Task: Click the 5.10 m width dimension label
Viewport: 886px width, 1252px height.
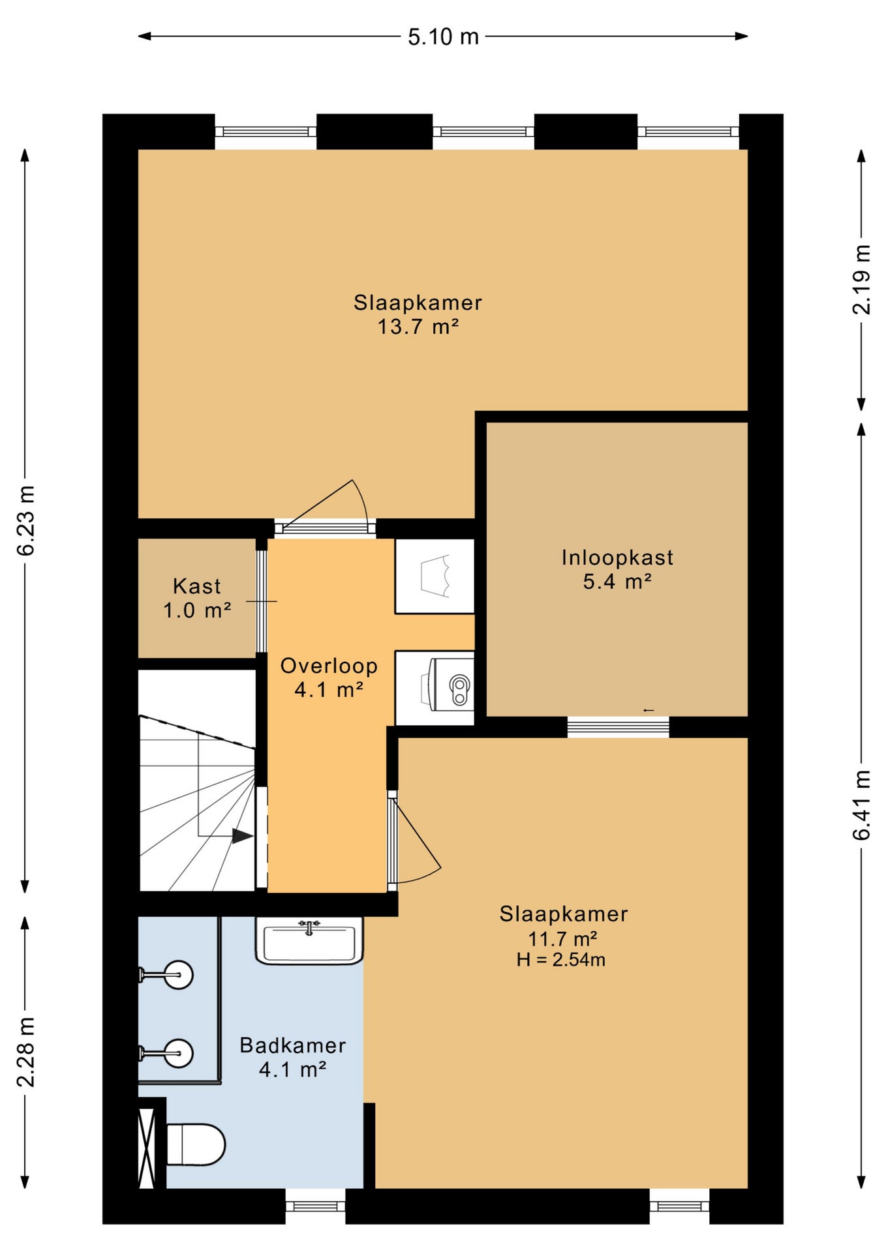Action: (443, 37)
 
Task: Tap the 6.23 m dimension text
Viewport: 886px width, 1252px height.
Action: (25, 520)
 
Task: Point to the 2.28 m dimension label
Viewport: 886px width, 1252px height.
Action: (25, 1051)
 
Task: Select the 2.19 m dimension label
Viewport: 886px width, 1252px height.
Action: (861, 279)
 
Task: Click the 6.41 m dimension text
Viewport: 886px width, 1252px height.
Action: (861, 805)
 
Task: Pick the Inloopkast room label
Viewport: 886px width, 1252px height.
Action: (617, 558)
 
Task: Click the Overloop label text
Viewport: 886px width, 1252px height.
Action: (329, 666)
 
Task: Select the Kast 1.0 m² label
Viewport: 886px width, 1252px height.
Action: (197, 598)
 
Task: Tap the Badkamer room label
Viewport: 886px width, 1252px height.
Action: (293, 1045)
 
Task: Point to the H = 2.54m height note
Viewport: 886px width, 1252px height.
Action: (561, 960)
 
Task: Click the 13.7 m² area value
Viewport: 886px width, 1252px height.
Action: (418, 327)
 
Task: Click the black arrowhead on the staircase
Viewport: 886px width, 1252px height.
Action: (243, 836)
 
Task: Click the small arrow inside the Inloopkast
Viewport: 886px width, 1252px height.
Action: (649, 710)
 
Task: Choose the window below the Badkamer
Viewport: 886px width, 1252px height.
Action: (315, 1206)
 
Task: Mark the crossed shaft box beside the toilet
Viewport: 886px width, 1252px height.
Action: (147, 1148)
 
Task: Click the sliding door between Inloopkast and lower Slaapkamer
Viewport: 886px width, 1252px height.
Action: (619, 727)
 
